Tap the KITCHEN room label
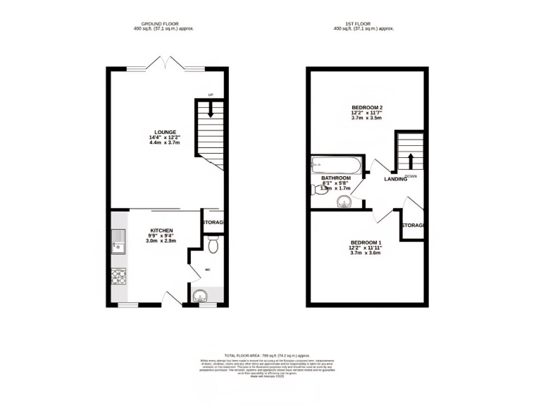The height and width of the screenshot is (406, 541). [161, 230]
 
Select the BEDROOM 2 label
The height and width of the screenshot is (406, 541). [366, 107]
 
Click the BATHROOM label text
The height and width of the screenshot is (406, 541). [336, 178]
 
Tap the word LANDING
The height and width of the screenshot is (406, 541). [395, 179]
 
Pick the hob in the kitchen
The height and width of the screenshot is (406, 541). [118, 277]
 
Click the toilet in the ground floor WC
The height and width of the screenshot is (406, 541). [213, 244]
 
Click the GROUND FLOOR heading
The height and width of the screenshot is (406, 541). [163, 23]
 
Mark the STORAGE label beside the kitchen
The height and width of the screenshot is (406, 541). [213, 223]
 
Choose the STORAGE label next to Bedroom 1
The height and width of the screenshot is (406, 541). [413, 226]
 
